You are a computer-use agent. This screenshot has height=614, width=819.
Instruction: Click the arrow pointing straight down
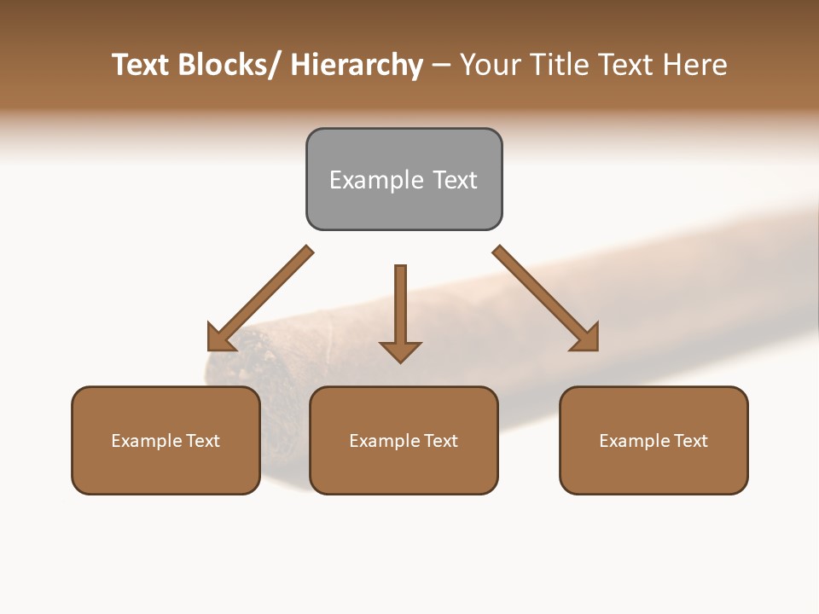tap(400, 311)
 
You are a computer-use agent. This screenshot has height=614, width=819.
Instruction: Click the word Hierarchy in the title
tap(357, 65)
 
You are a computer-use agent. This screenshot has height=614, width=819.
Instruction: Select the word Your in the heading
tap(491, 65)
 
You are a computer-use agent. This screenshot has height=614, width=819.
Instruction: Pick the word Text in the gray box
tap(455, 180)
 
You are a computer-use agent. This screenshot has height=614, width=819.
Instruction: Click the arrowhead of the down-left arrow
tap(219, 339)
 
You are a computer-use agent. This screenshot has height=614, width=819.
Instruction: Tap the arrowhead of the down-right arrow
tap(586, 339)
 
